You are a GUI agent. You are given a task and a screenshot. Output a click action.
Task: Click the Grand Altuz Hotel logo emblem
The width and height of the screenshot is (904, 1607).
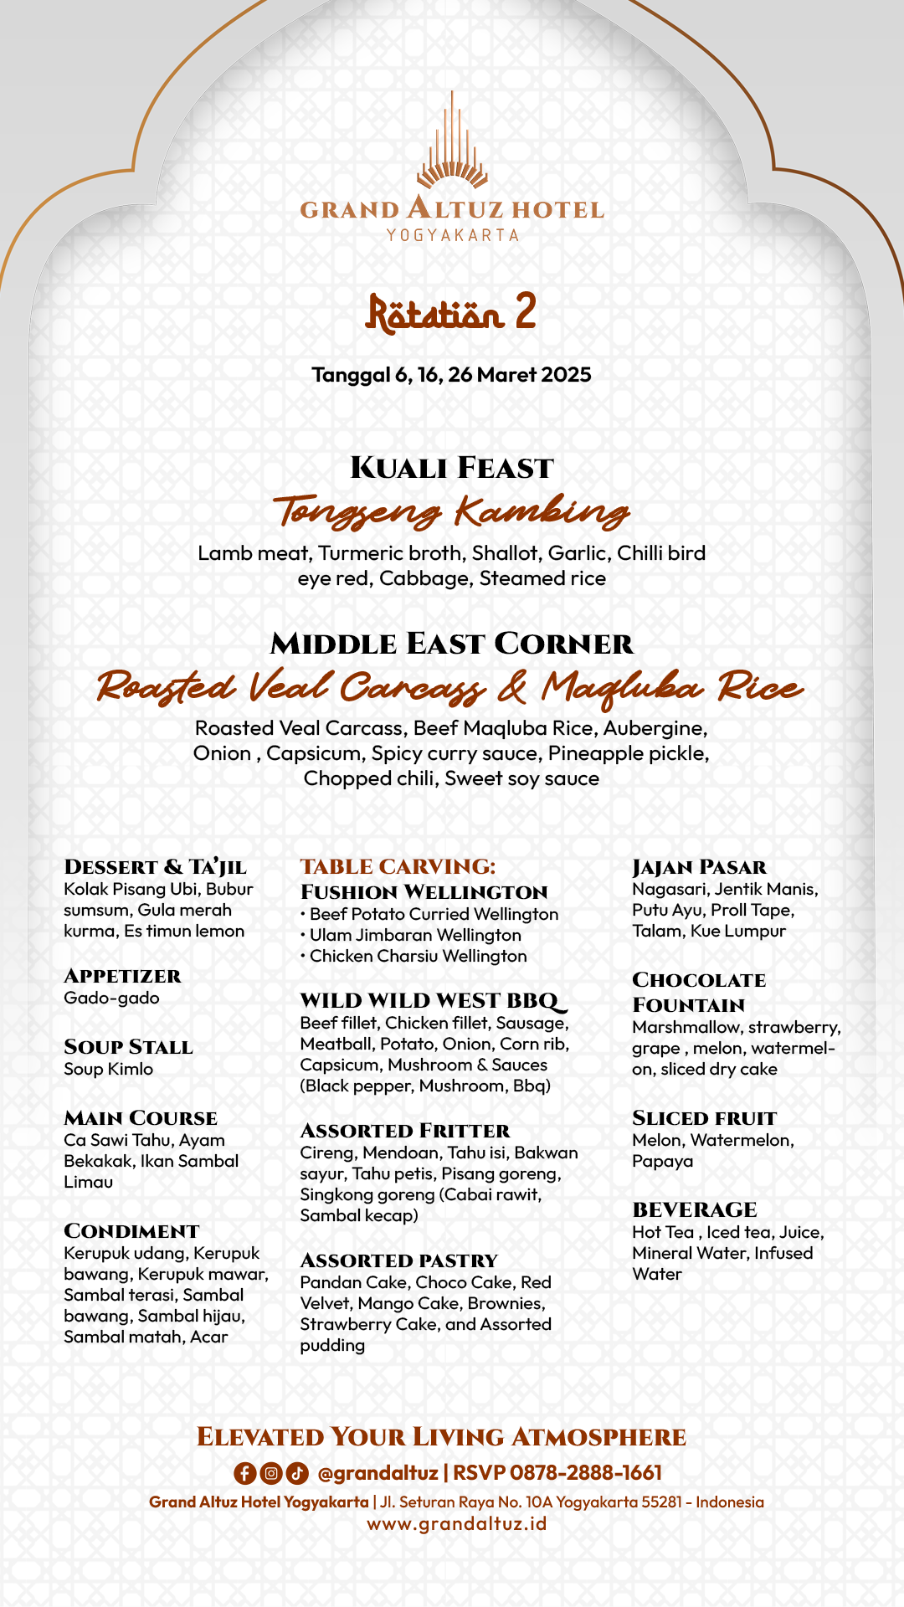click(452, 142)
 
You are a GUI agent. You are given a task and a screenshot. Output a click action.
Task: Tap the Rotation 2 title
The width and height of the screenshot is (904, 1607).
click(451, 313)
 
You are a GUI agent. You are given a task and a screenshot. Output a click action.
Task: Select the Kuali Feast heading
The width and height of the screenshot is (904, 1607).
click(452, 468)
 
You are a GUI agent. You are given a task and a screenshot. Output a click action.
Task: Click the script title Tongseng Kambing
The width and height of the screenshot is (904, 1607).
click(452, 511)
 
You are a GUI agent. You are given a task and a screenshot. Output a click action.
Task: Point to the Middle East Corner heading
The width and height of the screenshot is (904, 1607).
click(452, 644)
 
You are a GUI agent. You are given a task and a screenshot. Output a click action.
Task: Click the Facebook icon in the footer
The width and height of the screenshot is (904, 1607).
click(244, 1472)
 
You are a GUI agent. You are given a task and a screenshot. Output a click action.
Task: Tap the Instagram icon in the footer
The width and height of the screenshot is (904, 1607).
click(271, 1472)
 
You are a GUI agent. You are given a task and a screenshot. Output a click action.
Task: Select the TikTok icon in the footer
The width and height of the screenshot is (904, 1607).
click(297, 1472)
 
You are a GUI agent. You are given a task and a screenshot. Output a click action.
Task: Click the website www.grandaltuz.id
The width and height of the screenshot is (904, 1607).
click(457, 1523)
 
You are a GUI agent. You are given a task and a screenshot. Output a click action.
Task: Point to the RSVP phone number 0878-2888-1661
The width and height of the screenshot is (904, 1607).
click(586, 1472)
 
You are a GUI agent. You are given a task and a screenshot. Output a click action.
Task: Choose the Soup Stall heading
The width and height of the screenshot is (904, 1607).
click(128, 1047)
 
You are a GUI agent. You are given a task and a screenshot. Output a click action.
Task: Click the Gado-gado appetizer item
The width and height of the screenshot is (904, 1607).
click(111, 998)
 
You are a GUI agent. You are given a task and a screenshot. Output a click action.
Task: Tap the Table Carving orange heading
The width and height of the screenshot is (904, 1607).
click(398, 867)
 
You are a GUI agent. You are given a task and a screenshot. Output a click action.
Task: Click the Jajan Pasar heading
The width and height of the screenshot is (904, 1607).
click(699, 867)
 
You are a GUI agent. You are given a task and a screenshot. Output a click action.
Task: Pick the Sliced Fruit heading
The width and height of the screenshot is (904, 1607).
click(704, 1118)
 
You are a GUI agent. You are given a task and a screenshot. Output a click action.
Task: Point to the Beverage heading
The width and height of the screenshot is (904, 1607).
click(694, 1209)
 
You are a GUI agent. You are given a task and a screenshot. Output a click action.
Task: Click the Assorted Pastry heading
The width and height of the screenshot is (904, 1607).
click(398, 1260)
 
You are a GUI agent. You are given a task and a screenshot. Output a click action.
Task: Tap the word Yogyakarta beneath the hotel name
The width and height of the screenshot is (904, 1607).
click(453, 235)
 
